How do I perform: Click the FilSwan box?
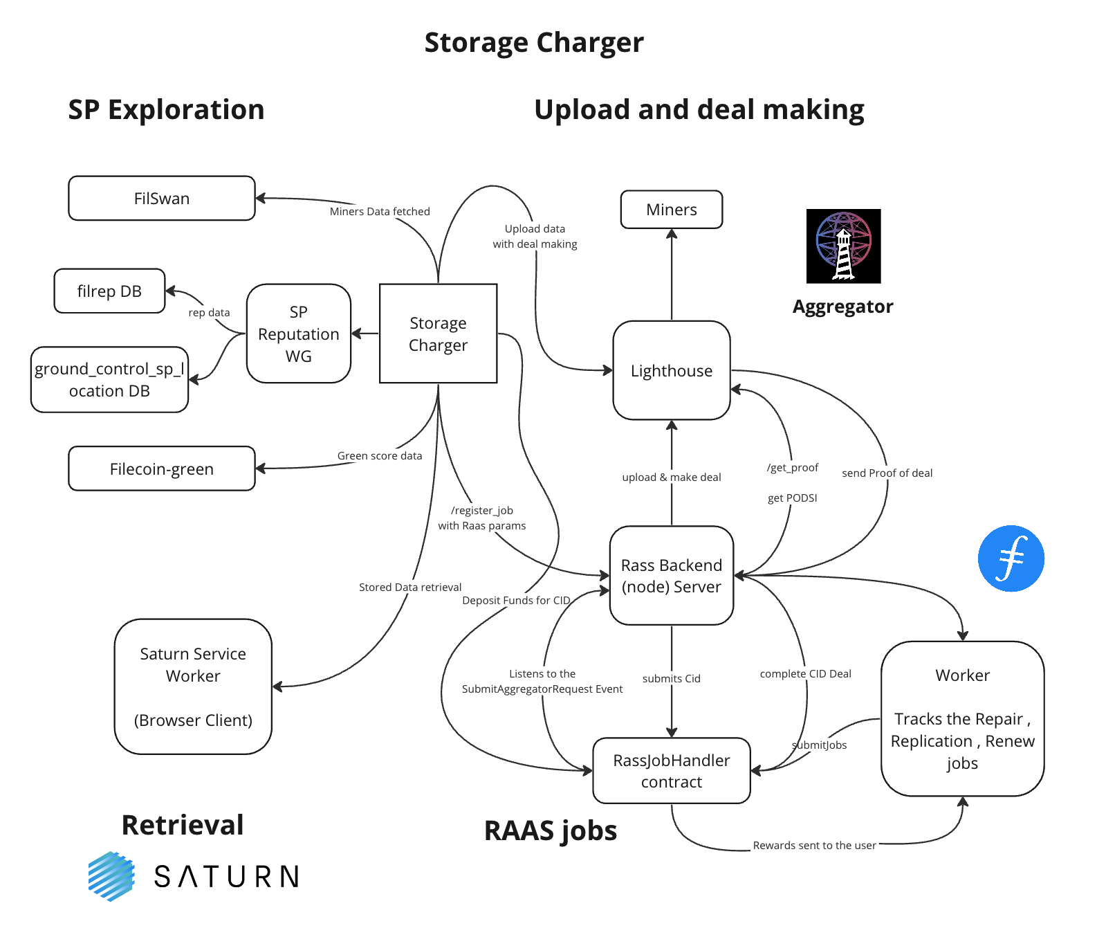tap(161, 199)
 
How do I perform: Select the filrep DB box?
tap(109, 291)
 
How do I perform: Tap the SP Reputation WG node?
tap(298, 334)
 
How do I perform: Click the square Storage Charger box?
tap(438, 334)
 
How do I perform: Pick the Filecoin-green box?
tap(161, 469)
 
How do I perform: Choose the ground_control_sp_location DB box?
tap(109, 380)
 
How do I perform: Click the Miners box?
tap(671, 210)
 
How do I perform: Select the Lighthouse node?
tap(671, 371)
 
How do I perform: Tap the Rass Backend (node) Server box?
tap(671, 576)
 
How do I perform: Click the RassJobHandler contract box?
tap(671, 771)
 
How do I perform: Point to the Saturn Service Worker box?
tap(192, 686)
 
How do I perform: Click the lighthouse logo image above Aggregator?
tap(843, 246)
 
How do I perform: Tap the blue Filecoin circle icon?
tap(1011, 558)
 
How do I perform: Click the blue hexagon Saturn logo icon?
tap(111, 876)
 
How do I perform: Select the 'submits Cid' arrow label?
tap(671, 679)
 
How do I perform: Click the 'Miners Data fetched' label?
tap(380, 212)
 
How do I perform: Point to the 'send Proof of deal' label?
tap(887, 473)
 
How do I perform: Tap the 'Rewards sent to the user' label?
tap(814, 846)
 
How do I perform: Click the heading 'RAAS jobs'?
tap(550, 830)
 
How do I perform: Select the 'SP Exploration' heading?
tap(166, 110)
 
